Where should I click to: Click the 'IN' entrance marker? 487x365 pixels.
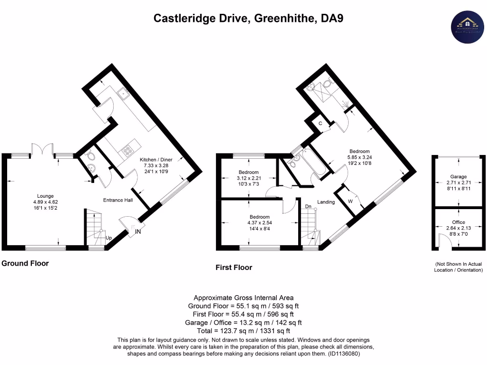pyautogui.click(x=138, y=231)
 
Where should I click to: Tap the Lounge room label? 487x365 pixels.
pyautogui.click(x=46, y=196)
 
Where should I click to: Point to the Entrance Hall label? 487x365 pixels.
pyautogui.click(x=118, y=200)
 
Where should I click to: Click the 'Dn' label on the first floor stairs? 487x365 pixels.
pyautogui.click(x=308, y=206)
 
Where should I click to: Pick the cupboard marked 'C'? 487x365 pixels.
pyautogui.click(x=321, y=124)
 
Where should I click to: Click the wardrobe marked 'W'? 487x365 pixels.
pyautogui.click(x=350, y=201)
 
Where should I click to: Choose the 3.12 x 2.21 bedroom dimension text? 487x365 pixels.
pyautogui.click(x=248, y=178)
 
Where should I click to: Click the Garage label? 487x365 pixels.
pyautogui.click(x=458, y=177)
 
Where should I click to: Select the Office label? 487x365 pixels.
pyautogui.click(x=458, y=222)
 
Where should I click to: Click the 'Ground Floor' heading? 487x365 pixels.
pyautogui.click(x=25, y=263)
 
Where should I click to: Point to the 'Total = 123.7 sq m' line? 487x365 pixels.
pyautogui.click(x=243, y=331)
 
